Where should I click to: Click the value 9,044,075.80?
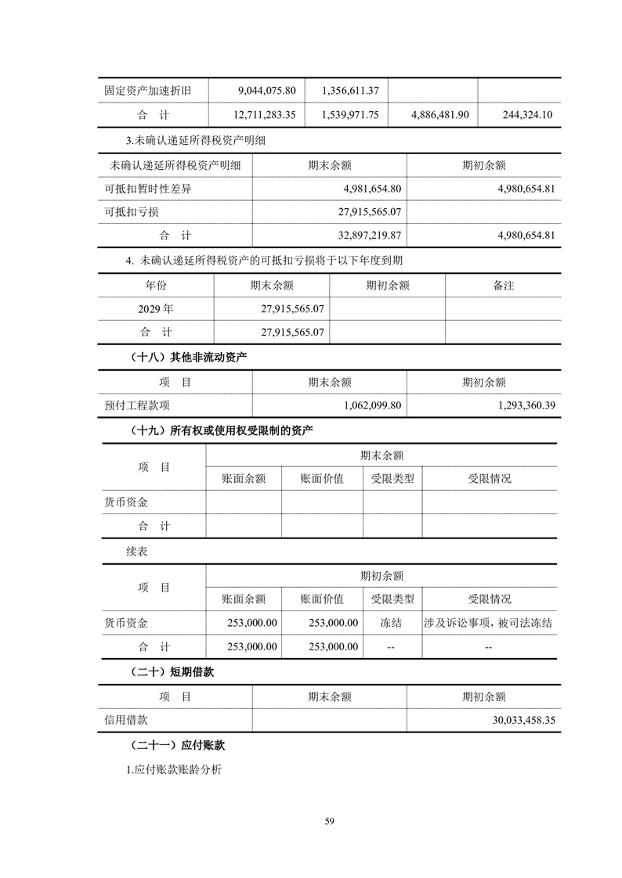[x=266, y=90]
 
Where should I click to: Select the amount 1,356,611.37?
[x=350, y=90]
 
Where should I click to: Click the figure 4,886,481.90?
[x=439, y=114]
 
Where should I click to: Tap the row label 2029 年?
[x=156, y=309]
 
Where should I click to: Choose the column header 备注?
[x=503, y=286]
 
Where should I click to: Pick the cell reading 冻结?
[x=392, y=624]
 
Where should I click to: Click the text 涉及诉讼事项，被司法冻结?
[x=489, y=624]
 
